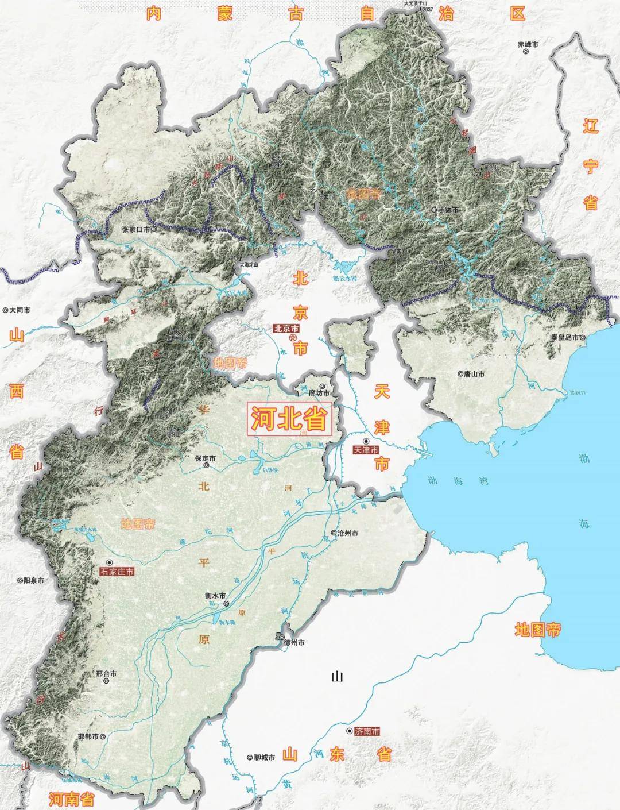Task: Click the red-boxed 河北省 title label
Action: tap(290, 419)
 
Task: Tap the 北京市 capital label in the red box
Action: tap(286, 329)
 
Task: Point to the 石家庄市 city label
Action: tap(117, 572)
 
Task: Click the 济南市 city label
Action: tap(367, 732)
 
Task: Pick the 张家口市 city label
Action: tap(135, 229)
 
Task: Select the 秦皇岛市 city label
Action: tap(566, 338)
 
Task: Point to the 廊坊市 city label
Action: tap(320, 394)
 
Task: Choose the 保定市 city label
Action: tap(205, 459)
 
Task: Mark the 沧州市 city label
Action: tap(348, 533)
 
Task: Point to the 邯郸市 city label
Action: tap(92, 736)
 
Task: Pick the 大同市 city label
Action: tap(19, 310)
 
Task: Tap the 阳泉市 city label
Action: tap(33, 581)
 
